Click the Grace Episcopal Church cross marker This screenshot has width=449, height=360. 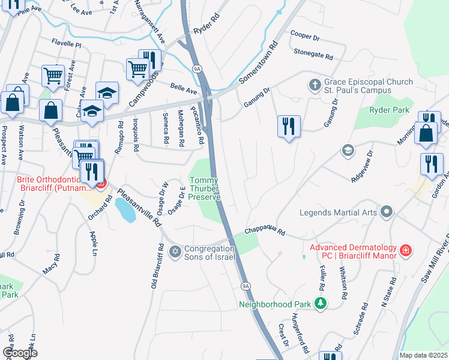click(314, 85)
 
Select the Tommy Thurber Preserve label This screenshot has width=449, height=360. click(205, 188)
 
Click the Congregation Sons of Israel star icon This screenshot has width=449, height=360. click(175, 251)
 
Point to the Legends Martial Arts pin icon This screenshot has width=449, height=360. click(387, 211)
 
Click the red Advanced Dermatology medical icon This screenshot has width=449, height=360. click(406, 250)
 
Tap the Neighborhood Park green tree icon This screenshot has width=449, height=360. click(321, 304)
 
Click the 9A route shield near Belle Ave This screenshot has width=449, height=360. click(196, 69)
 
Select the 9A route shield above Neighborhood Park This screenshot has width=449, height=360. click(245, 286)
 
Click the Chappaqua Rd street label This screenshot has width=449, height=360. click(264, 232)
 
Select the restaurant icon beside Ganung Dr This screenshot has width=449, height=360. click(289, 127)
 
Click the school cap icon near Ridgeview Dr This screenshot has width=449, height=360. click(347, 151)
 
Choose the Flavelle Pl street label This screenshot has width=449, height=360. click(66, 44)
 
